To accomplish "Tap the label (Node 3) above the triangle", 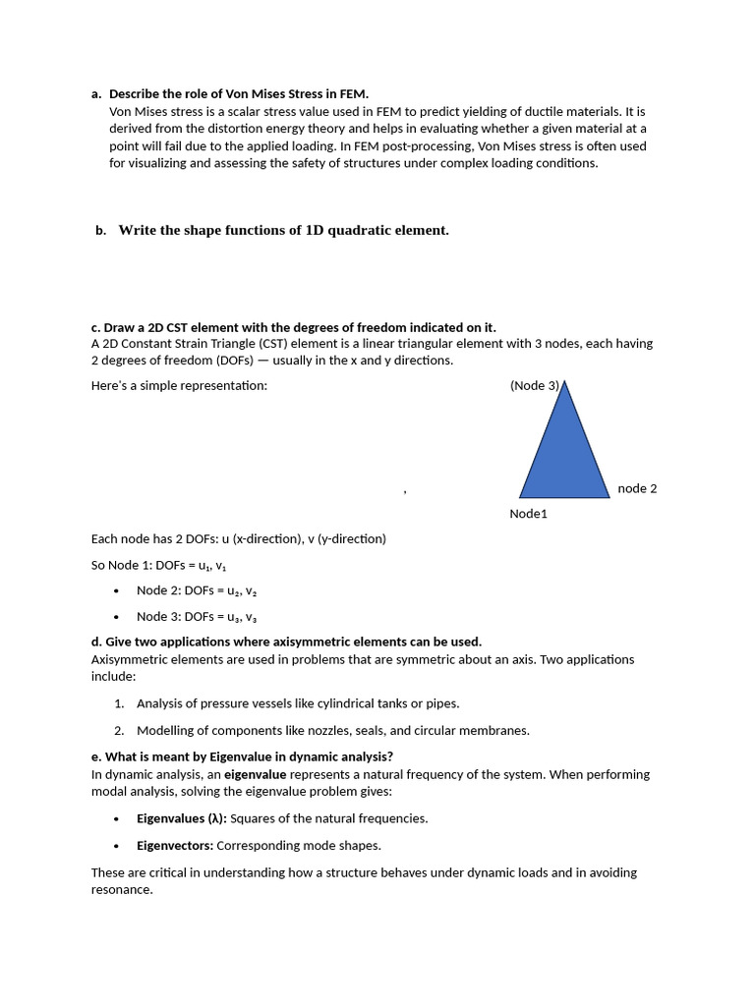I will (534, 386).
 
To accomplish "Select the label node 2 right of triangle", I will (637, 488).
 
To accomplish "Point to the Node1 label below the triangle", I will (528, 514).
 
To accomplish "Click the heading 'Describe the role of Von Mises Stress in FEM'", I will (238, 94).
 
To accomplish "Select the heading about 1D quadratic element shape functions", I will (283, 231).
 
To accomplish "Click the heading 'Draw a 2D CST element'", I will (293, 327).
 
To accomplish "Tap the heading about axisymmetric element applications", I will (286, 643).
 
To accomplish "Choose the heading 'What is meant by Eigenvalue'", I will (242, 756).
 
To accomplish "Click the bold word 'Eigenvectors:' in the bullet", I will (175, 845).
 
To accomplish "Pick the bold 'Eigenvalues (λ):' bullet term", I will (181, 818).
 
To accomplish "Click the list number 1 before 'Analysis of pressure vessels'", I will (119, 703).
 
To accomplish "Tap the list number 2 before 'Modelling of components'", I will (119, 730).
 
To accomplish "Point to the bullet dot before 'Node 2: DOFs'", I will (116, 591).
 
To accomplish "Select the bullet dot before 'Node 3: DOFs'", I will (116, 617).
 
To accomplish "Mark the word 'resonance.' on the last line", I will (122, 890).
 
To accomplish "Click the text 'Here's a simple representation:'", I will (179, 386).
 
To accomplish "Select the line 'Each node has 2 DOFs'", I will (238, 539).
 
